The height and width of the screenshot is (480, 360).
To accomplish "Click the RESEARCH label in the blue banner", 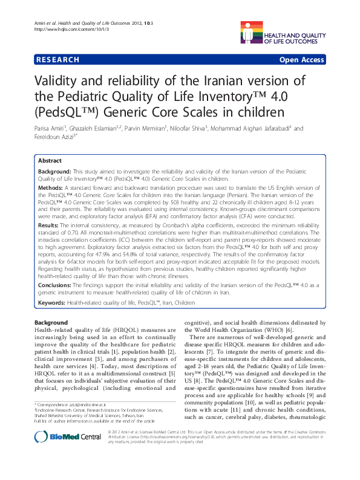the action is (x=57, y=60).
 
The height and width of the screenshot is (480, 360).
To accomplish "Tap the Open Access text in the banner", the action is (x=303, y=60).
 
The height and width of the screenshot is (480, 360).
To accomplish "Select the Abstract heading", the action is (x=50, y=161).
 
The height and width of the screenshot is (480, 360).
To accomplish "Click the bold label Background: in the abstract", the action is (x=56, y=172).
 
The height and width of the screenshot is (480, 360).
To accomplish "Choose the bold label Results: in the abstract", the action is (x=51, y=224).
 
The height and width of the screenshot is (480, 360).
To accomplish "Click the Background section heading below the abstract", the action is (x=51, y=323).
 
